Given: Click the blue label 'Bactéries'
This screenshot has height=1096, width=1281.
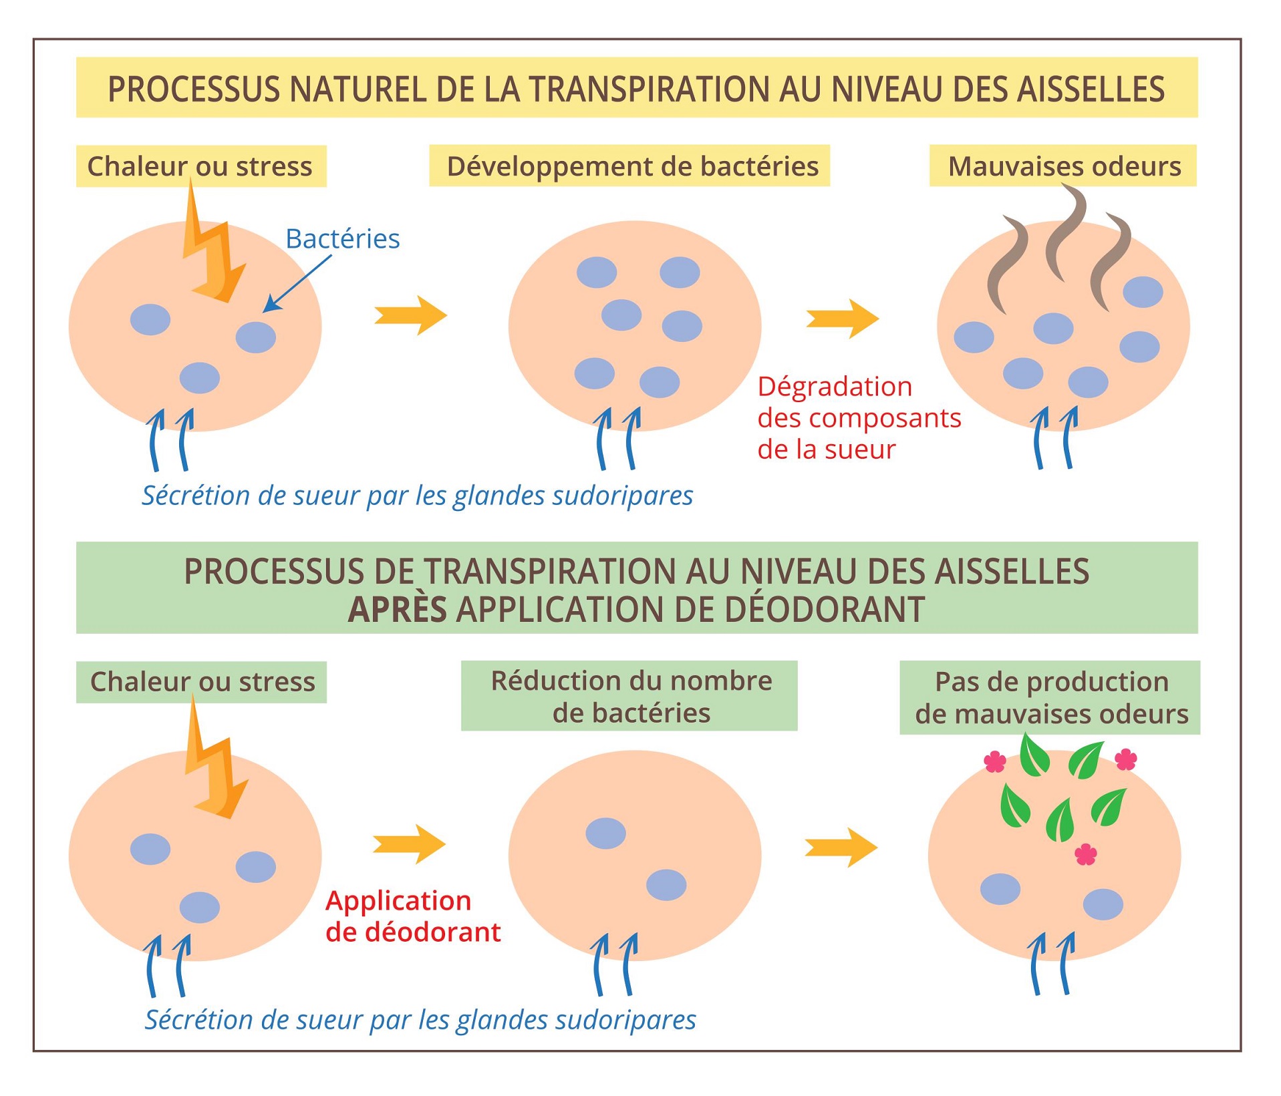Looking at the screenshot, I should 342,238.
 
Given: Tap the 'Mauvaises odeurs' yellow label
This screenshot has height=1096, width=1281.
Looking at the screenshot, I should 1063,166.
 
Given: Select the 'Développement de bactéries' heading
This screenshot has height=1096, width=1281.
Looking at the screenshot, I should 631,166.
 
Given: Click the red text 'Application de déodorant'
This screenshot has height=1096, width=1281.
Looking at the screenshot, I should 412,916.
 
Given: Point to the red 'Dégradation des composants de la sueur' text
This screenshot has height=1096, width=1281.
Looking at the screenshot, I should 858,418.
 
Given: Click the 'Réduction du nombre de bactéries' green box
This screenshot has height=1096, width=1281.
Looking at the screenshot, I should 629,696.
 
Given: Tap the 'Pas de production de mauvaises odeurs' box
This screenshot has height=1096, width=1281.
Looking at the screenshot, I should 1050,697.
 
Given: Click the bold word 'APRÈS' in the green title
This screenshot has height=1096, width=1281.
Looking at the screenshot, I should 397,609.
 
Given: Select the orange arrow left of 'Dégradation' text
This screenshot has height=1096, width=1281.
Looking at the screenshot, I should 842,318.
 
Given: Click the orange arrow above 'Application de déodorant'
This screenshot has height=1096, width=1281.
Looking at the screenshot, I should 409,844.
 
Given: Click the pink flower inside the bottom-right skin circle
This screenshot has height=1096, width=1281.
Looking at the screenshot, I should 1085,854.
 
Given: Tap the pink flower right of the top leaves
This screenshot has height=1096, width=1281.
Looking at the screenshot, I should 1126,759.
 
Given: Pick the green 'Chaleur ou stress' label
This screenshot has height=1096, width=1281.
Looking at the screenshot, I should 202,682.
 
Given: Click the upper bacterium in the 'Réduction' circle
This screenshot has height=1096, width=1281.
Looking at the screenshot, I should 605,833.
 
